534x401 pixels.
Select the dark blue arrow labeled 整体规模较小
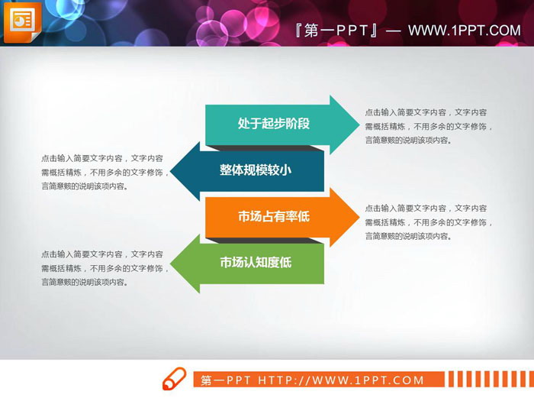tap(256, 170)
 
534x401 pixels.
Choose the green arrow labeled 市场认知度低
tap(256, 263)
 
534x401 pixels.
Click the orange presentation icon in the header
tap(23, 24)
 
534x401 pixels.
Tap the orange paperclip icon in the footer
tap(174, 379)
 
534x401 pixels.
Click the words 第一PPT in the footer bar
tap(227, 380)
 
